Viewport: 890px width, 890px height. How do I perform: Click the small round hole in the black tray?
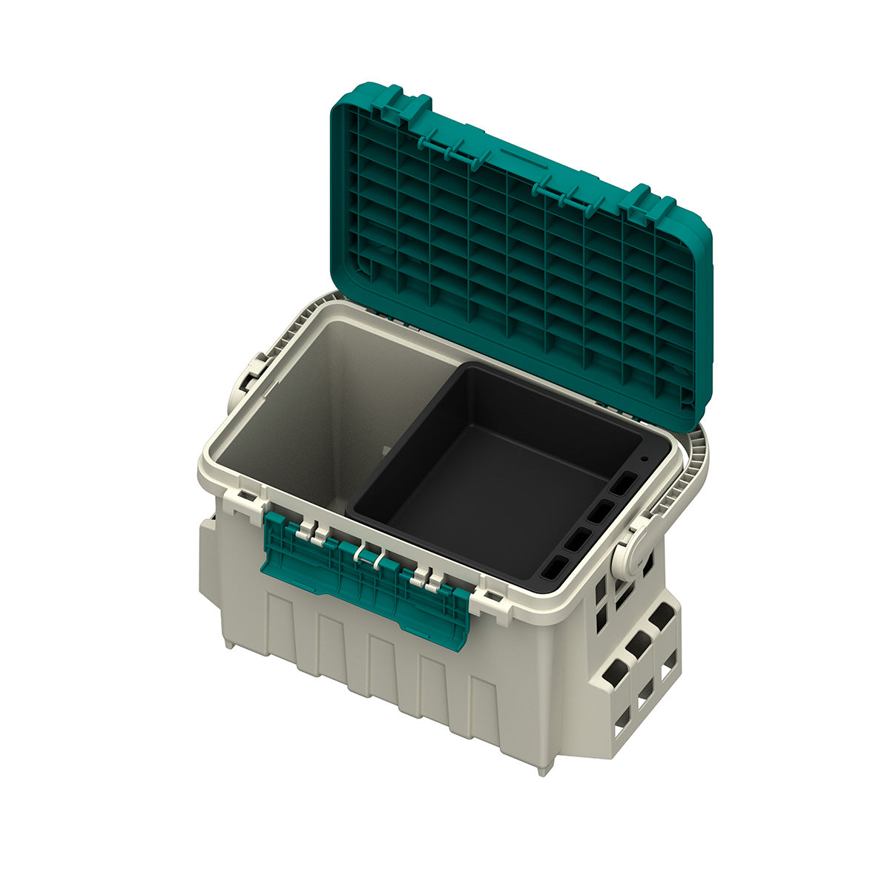click(x=643, y=458)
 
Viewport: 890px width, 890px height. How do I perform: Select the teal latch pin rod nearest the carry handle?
click(x=564, y=193)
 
